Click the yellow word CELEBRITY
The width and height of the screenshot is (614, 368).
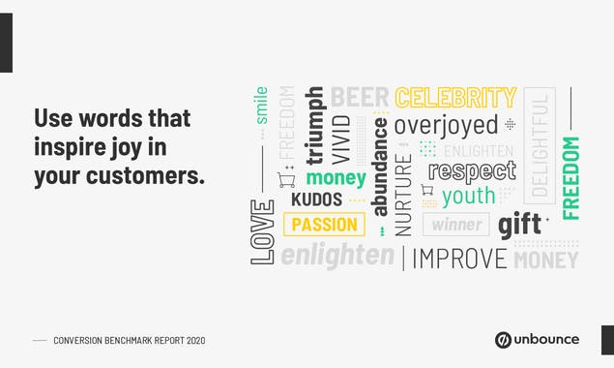click(x=455, y=98)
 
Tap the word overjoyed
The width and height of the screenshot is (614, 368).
click(x=446, y=125)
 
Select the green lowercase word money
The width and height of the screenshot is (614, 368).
click(x=336, y=178)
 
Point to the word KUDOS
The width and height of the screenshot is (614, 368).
click(x=316, y=199)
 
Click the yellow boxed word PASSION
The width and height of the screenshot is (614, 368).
click(x=324, y=225)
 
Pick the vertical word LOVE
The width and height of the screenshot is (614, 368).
click(x=262, y=231)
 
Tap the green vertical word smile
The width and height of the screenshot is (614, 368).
click(x=261, y=105)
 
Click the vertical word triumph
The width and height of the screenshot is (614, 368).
click(x=314, y=125)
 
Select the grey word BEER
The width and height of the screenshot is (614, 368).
click(x=360, y=97)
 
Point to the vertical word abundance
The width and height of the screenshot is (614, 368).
click(x=380, y=166)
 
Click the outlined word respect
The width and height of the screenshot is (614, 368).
click(x=472, y=171)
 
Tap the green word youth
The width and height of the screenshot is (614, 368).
click(x=468, y=197)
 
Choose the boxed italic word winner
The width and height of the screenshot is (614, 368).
click(x=456, y=225)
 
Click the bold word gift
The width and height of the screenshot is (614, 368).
click(x=519, y=226)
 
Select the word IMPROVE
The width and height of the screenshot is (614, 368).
click(x=460, y=259)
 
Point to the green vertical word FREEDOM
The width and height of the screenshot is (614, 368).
click(x=570, y=177)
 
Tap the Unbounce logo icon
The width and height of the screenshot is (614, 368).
click(x=503, y=340)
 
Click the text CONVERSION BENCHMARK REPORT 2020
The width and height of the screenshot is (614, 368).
click(x=129, y=341)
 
